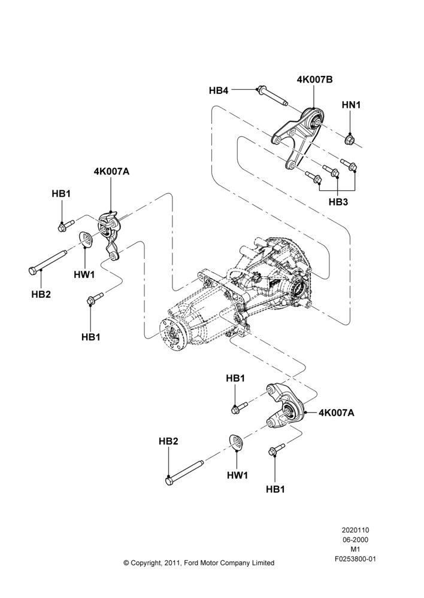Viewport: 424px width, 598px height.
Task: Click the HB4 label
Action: pyautogui.click(x=219, y=91)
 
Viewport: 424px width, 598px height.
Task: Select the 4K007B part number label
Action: pyautogui.click(x=314, y=80)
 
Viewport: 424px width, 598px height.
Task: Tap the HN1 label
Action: pyautogui.click(x=351, y=104)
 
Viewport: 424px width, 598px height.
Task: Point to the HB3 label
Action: pyautogui.click(x=338, y=202)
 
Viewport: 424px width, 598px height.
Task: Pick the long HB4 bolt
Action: pyautogui.click(x=273, y=96)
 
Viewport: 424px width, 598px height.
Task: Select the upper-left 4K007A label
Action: pyautogui.click(x=111, y=172)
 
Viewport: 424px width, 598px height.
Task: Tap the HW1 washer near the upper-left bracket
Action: pyautogui.click(x=86, y=239)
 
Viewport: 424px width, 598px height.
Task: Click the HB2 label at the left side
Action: pyautogui.click(x=41, y=294)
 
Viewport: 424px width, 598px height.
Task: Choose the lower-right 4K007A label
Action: pyautogui.click(x=336, y=412)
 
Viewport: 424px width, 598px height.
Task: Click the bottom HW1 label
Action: pyautogui.click(x=237, y=475)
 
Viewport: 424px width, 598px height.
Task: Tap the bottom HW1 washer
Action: pyautogui.click(x=236, y=443)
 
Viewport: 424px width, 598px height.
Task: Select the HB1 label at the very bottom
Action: pyautogui.click(x=275, y=489)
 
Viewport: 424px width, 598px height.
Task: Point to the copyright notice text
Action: pyautogui.click(x=199, y=563)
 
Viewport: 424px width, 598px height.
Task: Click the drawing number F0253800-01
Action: pyautogui.click(x=355, y=559)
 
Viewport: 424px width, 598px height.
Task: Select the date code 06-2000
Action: pyautogui.click(x=355, y=539)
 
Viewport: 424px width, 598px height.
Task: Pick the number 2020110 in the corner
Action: pyautogui.click(x=355, y=530)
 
